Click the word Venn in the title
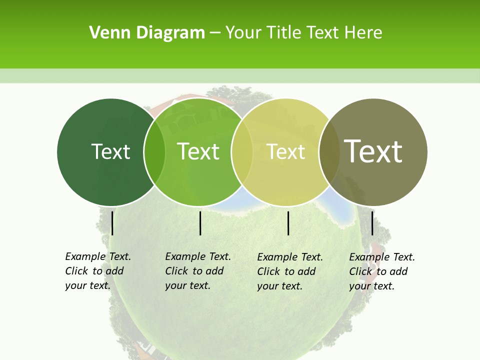point(104,33)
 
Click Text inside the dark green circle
point(110,151)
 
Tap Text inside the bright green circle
point(198,151)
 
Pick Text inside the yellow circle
point(286,151)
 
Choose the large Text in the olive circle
point(373,151)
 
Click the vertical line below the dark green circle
point(112,223)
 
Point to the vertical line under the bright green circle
point(200,223)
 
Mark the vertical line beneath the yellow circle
point(288,223)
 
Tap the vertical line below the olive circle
point(372,223)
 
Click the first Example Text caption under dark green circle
point(98,271)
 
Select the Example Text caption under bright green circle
point(198,271)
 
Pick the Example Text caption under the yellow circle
point(290,271)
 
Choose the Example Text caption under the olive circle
point(382,271)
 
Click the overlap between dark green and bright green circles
point(154,151)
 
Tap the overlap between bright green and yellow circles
point(242,151)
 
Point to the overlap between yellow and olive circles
point(329,151)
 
